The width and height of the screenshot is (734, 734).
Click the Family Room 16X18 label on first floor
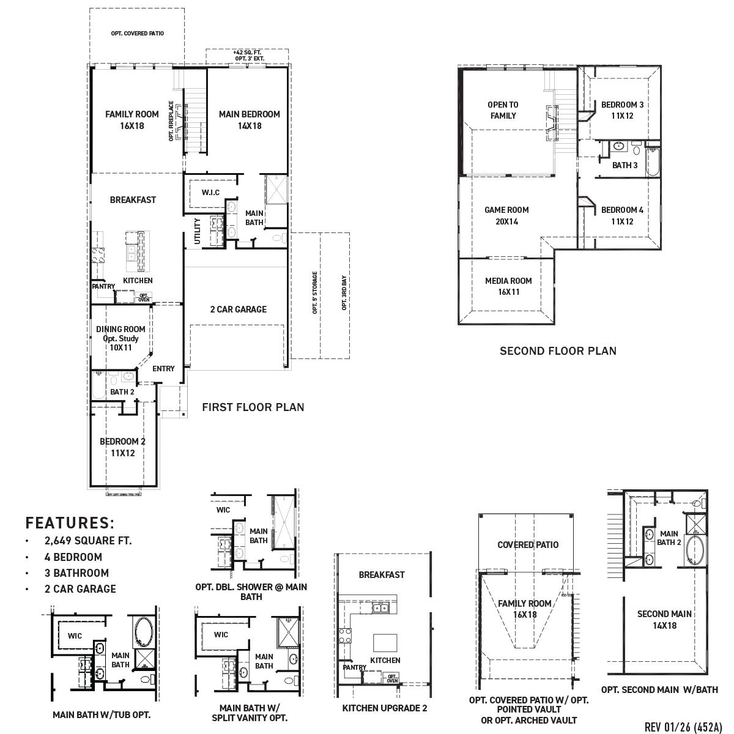(132, 120)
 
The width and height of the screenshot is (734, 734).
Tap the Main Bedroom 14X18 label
(250, 120)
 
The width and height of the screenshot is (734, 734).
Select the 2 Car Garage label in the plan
(238, 310)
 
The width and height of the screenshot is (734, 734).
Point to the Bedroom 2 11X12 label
(122, 447)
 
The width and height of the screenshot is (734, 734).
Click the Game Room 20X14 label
(506, 215)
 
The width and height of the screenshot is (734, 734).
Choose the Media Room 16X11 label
(508, 286)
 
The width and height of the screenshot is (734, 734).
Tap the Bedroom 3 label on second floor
(622, 110)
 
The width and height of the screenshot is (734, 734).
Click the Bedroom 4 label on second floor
(622, 215)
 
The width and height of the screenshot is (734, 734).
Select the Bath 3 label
(625, 165)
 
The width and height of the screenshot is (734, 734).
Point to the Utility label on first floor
(197, 231)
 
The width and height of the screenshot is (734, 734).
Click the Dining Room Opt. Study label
(120, 338)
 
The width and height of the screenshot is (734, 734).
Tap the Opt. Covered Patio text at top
(137, 34)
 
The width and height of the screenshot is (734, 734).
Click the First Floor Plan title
(253, 407)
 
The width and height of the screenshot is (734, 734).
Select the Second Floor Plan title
(558, 351)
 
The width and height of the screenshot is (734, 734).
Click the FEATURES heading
(70, 523)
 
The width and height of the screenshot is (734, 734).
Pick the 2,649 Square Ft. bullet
(87, 541)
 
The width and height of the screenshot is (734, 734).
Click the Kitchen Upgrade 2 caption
(384, 708)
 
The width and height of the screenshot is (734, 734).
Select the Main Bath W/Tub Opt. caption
(102, 714)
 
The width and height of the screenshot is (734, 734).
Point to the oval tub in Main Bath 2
(694, 549)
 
